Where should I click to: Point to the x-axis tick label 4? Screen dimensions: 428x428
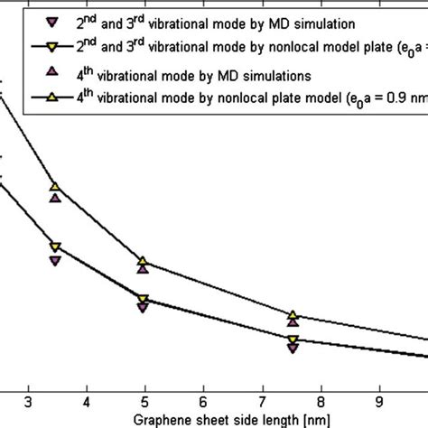87,400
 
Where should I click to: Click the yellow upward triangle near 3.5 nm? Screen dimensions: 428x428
55,187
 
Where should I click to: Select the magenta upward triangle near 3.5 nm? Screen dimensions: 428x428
55,198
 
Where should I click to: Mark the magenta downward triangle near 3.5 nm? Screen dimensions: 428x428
55,261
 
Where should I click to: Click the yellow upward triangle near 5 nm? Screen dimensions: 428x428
143,261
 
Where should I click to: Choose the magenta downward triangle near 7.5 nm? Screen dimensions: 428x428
293,348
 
